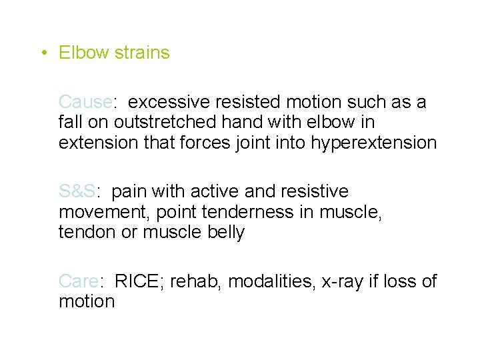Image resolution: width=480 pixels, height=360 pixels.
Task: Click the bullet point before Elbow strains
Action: click(x=43, y=53)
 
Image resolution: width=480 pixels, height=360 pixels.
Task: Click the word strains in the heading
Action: click(x=142, y=53)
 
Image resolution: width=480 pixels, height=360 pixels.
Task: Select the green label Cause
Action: click(x=85, y=102)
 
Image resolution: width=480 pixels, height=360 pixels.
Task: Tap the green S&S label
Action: click(x=77, y=191)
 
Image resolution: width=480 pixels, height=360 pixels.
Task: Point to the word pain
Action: click(x=129, y=191)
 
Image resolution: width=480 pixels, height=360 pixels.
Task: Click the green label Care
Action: click(x=79, y=281)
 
